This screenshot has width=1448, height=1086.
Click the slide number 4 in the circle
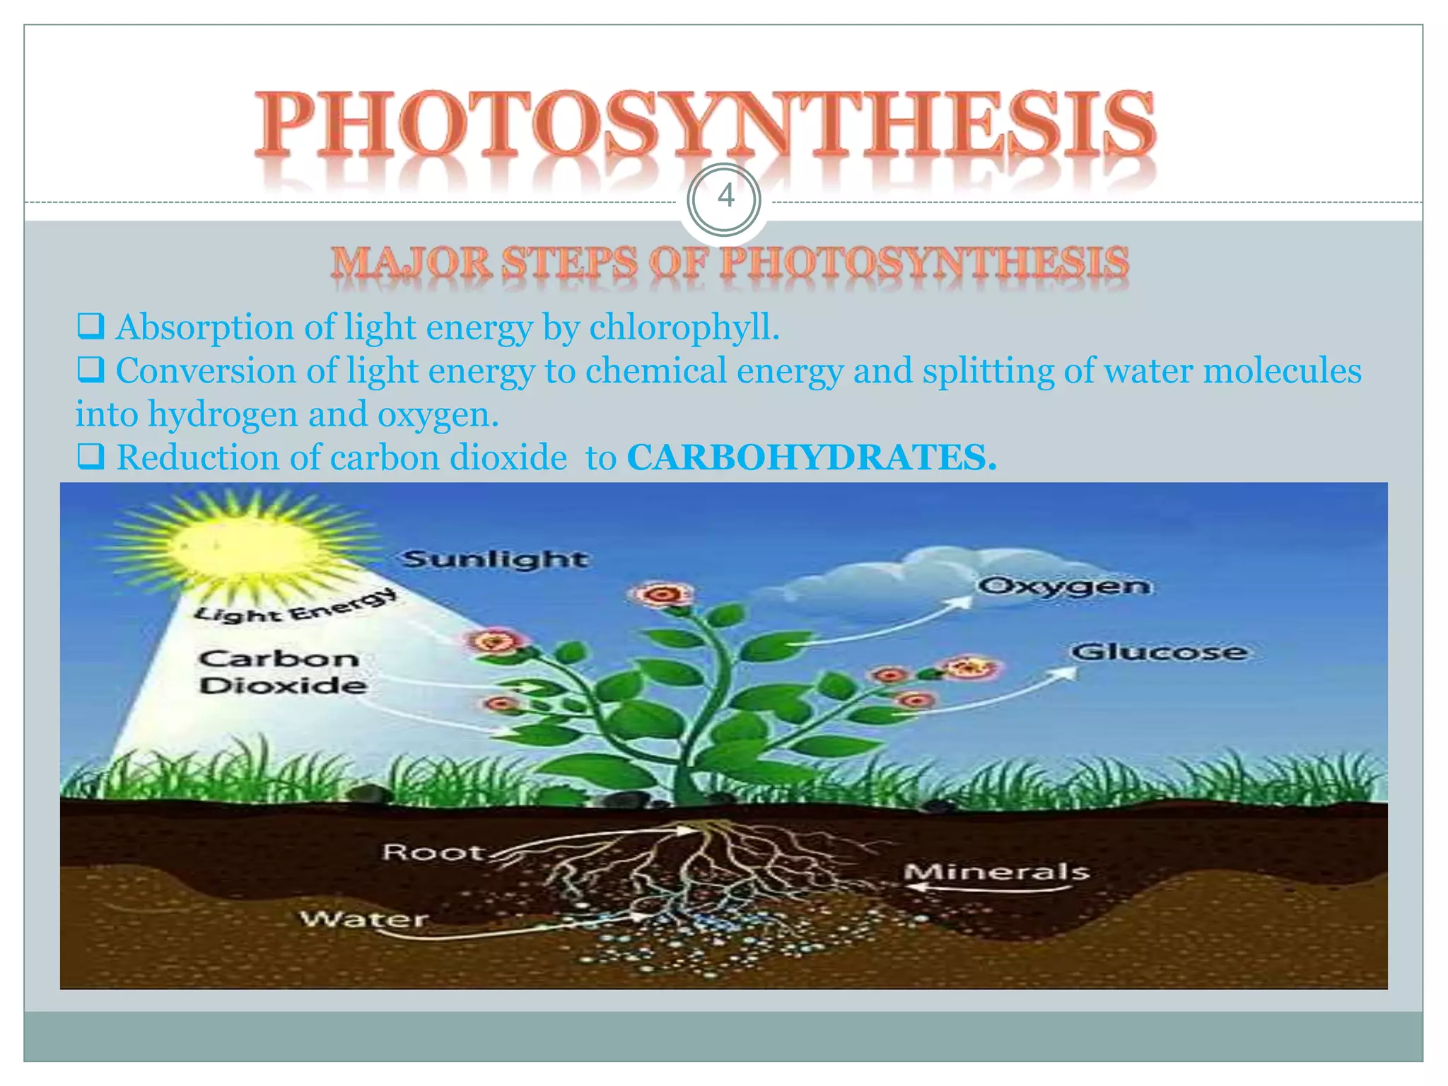[x=725, y=196]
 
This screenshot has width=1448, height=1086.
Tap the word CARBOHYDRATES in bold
[x=810, y=457]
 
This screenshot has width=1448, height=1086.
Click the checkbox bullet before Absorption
[x=90, y=327]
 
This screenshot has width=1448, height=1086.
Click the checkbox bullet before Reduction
[x=90, y=457]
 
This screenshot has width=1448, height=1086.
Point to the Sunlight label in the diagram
[x=495, y=559]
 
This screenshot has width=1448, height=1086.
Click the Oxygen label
[x=1064, y=586]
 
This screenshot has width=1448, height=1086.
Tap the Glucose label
[x=1159, y=651]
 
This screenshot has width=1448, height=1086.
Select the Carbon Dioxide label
[x=282, y=672]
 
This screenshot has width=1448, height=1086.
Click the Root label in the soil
[x=432, y=852]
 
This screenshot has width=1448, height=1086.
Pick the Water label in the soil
[x=364, y=919]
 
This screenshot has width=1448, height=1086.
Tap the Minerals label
[x=996, y=872]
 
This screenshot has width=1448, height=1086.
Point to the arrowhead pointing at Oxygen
[x=962, y=602]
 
